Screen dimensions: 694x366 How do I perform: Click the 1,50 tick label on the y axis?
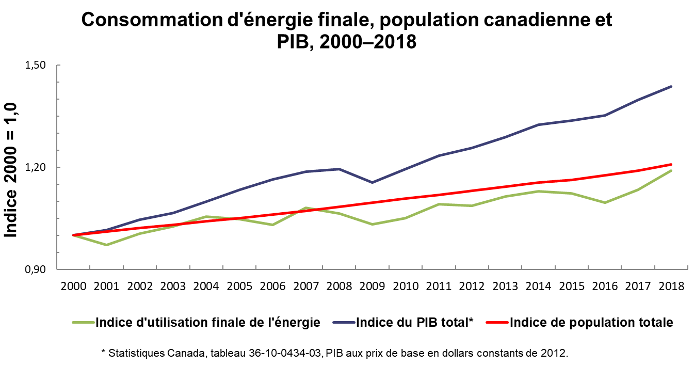pos(35,65)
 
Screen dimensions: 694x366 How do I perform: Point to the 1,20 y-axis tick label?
pos(35,167)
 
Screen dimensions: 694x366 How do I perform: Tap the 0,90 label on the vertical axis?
pos(35,269)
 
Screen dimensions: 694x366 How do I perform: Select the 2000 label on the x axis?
pos(73,286)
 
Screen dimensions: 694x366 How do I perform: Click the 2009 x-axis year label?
pos(373,286)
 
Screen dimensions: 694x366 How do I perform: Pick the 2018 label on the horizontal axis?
pos(671,286)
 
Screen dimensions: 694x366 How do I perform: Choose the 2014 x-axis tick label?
pos(539,286)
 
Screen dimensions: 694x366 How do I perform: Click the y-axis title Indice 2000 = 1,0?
pos(10,170)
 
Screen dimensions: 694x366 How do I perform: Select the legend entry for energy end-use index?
pos(196,322)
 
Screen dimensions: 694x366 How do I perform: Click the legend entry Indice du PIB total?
pos(403,322)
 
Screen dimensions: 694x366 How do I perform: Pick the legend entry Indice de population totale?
pos(579,322)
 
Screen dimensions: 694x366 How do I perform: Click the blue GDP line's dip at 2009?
pos(373,183)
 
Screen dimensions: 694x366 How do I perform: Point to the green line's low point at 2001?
pos(107,245)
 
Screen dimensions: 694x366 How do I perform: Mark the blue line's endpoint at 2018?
pos(671,86)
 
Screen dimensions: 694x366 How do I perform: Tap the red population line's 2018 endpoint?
pos(671,164)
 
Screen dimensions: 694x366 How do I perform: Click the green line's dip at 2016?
pos(605,203)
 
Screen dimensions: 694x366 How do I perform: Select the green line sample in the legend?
pos(83,323)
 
